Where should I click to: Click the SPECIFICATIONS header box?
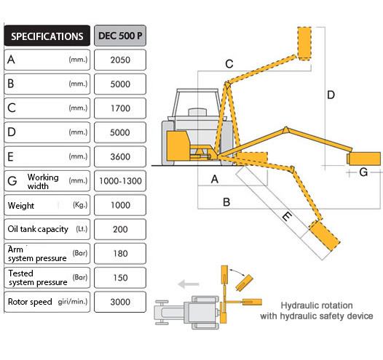click(x=47, y=36)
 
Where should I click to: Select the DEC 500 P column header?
click(x=120, y=36)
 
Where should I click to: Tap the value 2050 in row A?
click(x=120, y=60)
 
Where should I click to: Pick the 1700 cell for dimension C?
click(x=120, y=108)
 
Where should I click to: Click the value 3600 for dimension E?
click(x=120, y=156)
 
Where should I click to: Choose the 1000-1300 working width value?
click(x=120, y=181)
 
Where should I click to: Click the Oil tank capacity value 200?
click(x=120, y=229)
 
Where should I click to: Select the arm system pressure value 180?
click(x=120, y=253)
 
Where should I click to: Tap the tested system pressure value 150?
click(x=120, y=278)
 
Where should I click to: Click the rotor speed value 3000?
click(x=120, y=302)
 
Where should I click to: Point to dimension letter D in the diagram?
click(x=331, y=95)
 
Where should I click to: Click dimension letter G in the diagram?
click(x=363, y=172)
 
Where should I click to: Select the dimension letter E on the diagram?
click(x=287, y=216)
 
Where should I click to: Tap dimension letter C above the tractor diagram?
click(x=229, y=64)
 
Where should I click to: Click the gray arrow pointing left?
click(x=189, y=284)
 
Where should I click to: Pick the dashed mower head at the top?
click(x=304, y=44)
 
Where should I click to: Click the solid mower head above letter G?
click(x=363, y=159)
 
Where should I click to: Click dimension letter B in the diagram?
click(x=226, y=202)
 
